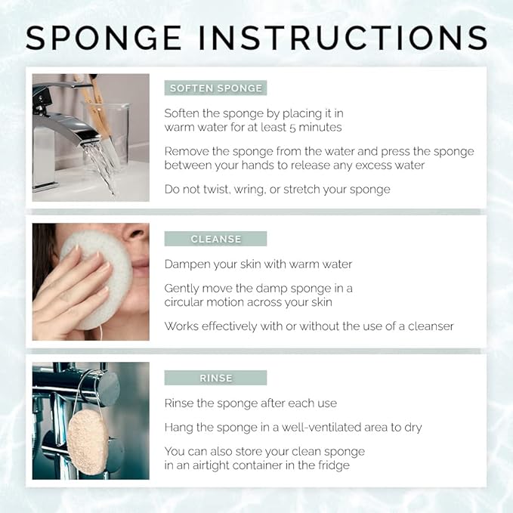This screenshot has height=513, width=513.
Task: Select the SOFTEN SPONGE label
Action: [215, 88]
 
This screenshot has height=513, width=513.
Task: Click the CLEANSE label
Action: [215, 239]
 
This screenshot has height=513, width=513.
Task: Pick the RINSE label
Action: [215, 378]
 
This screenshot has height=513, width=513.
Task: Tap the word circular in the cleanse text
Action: [193, 302]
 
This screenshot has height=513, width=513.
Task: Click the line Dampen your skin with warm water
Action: [258, 264]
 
